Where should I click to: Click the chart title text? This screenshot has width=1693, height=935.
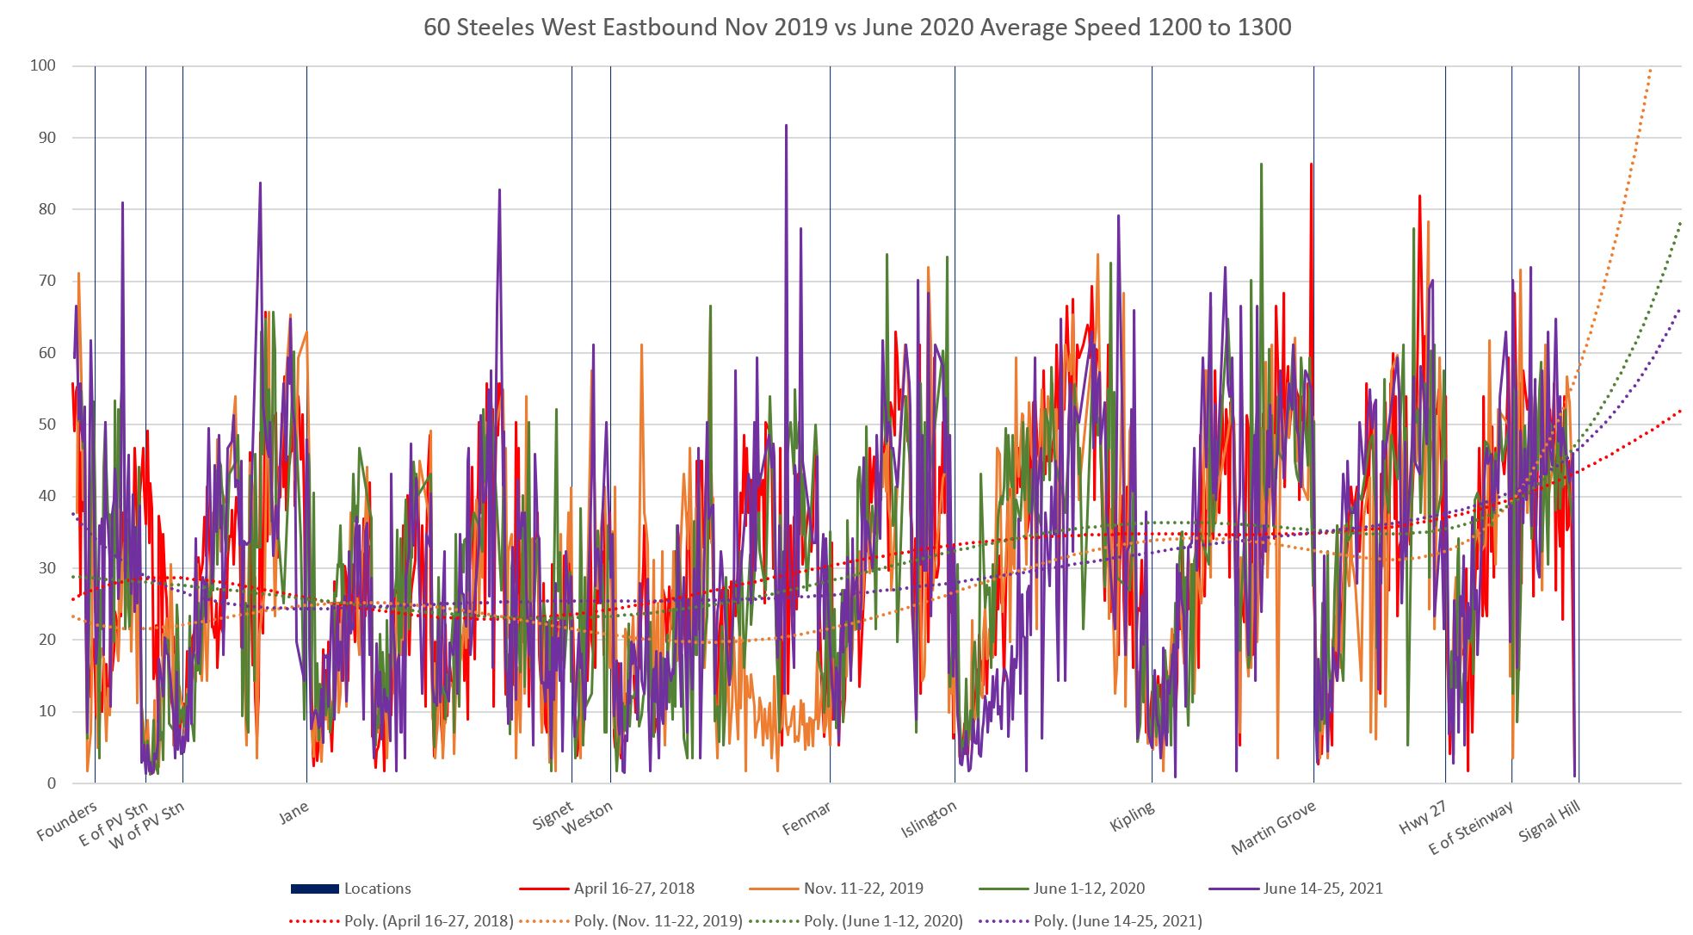(856, 28)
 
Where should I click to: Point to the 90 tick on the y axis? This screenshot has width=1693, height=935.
(45, 138)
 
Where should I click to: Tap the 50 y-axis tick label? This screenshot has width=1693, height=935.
(45, 424)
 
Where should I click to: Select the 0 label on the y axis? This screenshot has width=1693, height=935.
(51, 783)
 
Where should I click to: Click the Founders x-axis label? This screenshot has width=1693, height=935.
(67, 821)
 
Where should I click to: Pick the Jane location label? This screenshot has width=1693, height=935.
(293, 812)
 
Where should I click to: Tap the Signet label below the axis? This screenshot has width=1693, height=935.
(553, 816)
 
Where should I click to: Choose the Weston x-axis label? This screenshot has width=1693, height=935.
(588, 818)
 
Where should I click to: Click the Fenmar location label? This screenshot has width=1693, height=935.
(806, 818)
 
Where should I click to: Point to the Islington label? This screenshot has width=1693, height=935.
(929, 820)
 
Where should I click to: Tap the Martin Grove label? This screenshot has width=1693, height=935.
(1274, 827)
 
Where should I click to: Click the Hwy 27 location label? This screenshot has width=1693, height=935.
(1422, 817)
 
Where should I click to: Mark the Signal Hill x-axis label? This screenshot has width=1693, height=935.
(1550, 822)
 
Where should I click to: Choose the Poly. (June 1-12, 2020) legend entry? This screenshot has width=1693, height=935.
(883, 921)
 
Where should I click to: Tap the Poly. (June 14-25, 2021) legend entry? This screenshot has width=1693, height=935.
(1117, 921)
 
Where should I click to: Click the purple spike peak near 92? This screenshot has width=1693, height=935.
(786, 126)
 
